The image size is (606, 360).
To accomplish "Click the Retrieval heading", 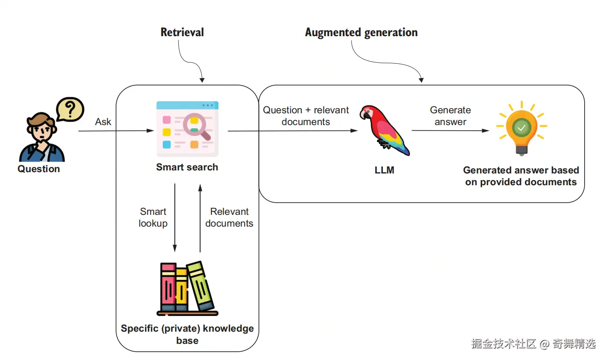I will [x=182, y=32].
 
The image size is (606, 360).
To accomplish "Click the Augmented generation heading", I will [x=361, y=33].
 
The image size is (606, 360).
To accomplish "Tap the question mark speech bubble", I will [x=70, y=109].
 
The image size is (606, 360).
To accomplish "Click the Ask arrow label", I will [x=103, y=122].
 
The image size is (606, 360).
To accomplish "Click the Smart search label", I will [x=187, y=167].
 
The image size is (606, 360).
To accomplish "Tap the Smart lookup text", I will [x=153, y=217].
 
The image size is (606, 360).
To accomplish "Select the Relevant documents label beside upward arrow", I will [x=229, y=217].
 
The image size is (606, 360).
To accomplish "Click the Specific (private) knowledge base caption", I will [x=187, y=334].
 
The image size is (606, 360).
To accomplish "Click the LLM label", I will [x=385, y=170].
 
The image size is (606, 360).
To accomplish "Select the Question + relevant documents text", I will [x=306, y=116].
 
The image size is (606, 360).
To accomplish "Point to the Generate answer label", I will [x=450, y=116].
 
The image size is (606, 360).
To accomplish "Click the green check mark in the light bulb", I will [x=521, y=128].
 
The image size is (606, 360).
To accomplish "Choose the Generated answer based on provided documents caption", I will [x=521, y=176].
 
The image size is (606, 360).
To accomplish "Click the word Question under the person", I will [x=39, y=169].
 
